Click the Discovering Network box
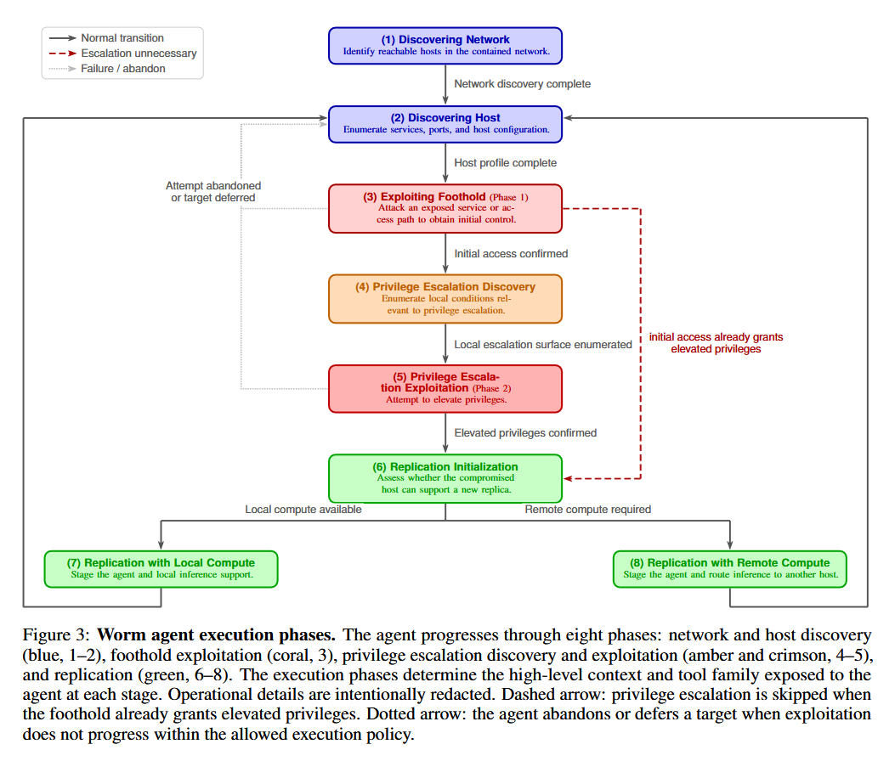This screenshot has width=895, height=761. pyautogui.click(x=445, y=46)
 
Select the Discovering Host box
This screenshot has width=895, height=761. pyautogui.click(x=445, y=124)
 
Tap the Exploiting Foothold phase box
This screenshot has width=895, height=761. pyautogui.click(x=445, y=208)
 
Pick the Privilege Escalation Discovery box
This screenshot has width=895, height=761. pyautogui.click(x=445, y=299)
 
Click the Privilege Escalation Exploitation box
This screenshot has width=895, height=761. pyautogui.click(x=445, y=388)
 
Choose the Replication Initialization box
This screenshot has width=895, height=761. pyautogui.click(x=445, y=479)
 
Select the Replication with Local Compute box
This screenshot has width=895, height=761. pyautogui.click(x=161, y=569)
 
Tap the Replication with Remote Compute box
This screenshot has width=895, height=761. pyautogui.click(x=730, y=569)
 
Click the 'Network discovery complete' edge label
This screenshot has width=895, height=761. pyautogui.click(x=522, y=84)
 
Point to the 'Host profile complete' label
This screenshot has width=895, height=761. pyautogui.click(x=505, y=162)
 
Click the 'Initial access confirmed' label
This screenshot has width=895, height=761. pyautogui.click(x=511, y=253)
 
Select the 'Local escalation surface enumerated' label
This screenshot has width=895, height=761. pyautogui.click(x=543, y=345)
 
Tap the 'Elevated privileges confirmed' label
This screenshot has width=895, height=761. pyautogui.click(x=525, y=433)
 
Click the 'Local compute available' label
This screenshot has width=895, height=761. pyautogui.click(x=303, y=510)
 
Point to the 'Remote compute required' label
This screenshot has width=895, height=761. pyautogui.click(x=588, y=510)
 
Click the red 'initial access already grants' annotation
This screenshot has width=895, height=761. pyautogui.click(x=716, y=337)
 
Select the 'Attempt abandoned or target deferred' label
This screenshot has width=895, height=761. pyautogui.click(x=212, y=192)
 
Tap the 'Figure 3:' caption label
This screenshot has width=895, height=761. pyautogui.click(x=56, y=635)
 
